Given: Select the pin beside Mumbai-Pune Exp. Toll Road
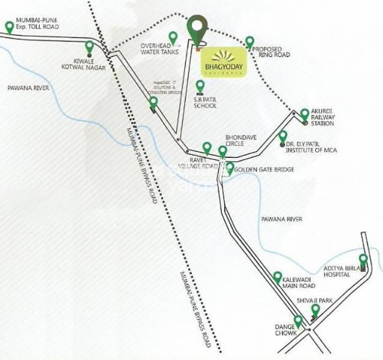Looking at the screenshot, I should pos(9,27).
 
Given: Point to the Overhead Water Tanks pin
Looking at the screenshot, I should pos(173,37).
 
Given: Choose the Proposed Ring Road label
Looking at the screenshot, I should pos(270,52).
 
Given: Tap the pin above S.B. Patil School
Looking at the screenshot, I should pos(200,86).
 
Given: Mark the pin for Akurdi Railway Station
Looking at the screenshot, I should pos(305,114).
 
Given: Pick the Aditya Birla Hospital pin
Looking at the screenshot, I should pos(363,259).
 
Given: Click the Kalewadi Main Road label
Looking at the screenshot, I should pos(299,282).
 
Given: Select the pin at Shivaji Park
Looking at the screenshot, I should pos(315,310).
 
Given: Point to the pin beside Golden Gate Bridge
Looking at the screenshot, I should pos(230,168).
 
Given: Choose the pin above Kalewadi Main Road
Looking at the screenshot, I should pos(278,277).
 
